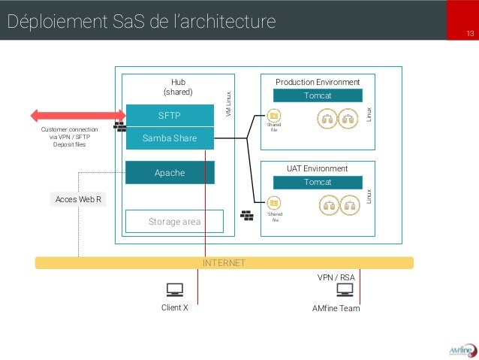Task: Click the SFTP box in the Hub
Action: pyautogui.click(x=170, y=116)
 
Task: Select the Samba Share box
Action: pyautogui.click(x=170, y=139)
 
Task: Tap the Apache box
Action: pyautogui.click(x=170, y=173)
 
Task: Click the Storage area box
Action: pyautogui.click(x=174, y=222)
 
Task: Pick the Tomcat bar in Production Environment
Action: pyautogui.click(x=317, y=95)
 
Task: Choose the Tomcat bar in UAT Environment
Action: pyautogui.click(x=317, y=182)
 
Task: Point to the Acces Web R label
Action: pyautogui.click(x=78, y=199)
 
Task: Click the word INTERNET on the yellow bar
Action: pyautogui.click(x=224, y=263)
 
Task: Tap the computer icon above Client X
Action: pyautogui.click(x=174, y=289)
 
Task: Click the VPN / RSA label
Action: pyautogui.click(x=336, y=277)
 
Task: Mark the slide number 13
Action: pyautogui.click(x=470, y=35)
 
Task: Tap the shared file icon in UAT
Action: pyautogui.click(x=274, y=202)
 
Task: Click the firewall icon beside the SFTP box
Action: pyautogui.click(x=119, y=126)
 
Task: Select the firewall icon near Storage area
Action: pyautogui.click(x=247, y=214)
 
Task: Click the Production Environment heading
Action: pyautogui.click(x=318, y=81)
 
